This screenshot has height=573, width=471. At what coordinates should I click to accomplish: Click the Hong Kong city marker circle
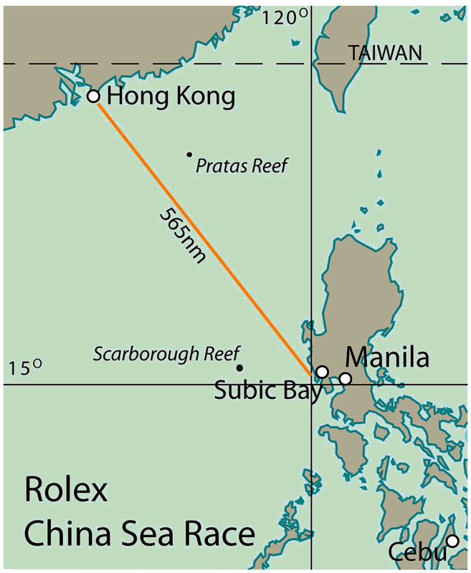pos(92,96)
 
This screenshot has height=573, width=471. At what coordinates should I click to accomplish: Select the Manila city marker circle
pos(346,378)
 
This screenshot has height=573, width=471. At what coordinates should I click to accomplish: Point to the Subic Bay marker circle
pos(323,372)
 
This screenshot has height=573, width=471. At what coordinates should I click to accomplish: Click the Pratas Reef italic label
pos(242,166)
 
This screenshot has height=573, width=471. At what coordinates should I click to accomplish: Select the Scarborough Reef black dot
pos(239,367)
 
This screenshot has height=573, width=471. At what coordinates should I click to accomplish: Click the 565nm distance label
pos(181,234)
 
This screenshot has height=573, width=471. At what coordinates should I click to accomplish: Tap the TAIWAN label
pos(384,52)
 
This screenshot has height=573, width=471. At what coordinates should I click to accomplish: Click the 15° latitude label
pos(27,368)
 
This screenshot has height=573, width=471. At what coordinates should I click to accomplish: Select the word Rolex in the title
pos(65,492)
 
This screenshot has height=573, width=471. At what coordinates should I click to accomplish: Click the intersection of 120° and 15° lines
pos(311,384)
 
